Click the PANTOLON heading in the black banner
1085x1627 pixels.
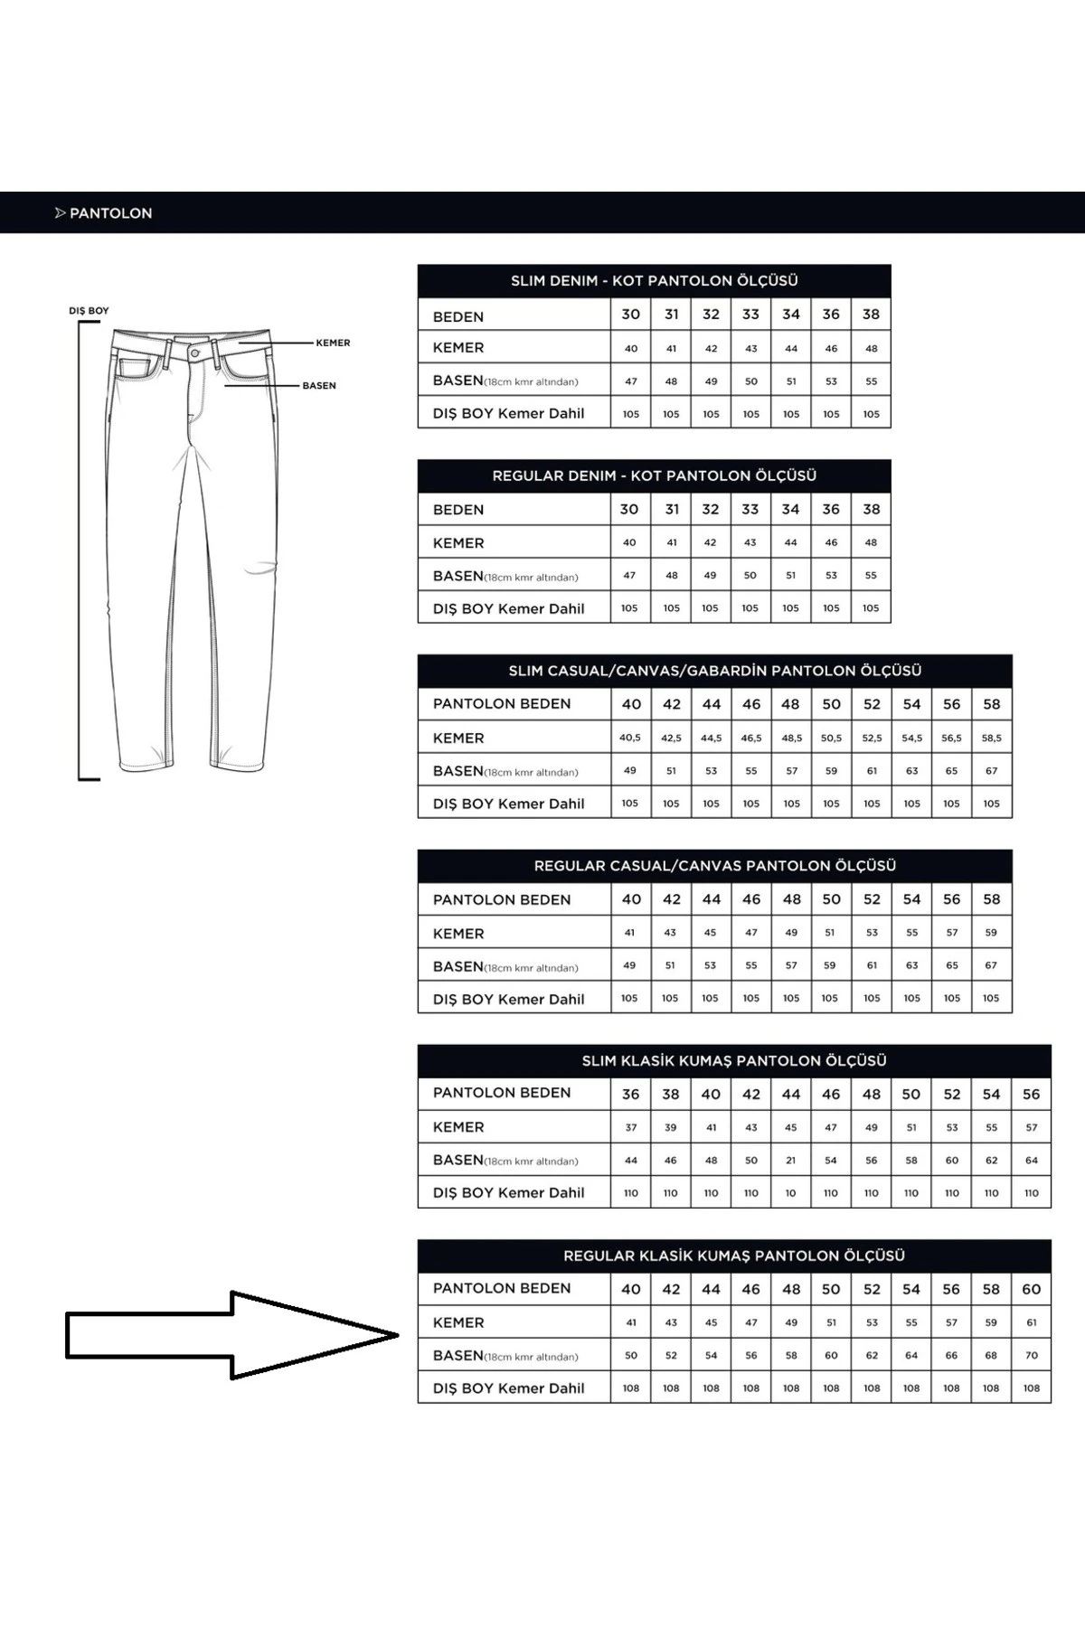[x=110, y=213]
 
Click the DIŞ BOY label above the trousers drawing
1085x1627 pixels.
[x=89, y=311]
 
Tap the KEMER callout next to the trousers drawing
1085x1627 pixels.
[x=333, y=343]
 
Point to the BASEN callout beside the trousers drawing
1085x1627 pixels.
[x=319, y=386]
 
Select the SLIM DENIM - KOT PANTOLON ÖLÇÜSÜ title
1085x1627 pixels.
[x=654, y=281]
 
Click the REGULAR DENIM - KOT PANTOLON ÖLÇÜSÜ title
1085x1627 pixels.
[x=654, y=475]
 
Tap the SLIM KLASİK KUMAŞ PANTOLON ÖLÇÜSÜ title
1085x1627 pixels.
[x=734, y=1061]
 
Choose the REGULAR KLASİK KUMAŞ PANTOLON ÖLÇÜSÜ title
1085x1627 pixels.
[x=734, y=1256]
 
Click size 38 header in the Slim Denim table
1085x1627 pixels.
[x=871, y=315]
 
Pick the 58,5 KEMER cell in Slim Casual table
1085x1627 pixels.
[x=992, y=738]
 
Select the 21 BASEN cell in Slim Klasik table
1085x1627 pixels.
[x=791, y=1161]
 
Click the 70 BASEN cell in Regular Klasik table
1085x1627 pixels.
[x=1032, y=1356]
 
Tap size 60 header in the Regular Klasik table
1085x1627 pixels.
[x=1032, y=1290]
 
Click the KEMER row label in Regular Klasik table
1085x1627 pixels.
[x=458, y=1323]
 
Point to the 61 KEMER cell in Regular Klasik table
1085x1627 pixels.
[x=1032, y=1323]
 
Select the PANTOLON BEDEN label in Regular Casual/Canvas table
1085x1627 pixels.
[x=502, y=900]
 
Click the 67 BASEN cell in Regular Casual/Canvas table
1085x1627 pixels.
[x=992, y=965]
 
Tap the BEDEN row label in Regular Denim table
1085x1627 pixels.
[x=458, y=510]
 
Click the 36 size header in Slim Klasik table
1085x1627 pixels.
[x=631, y=1095]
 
